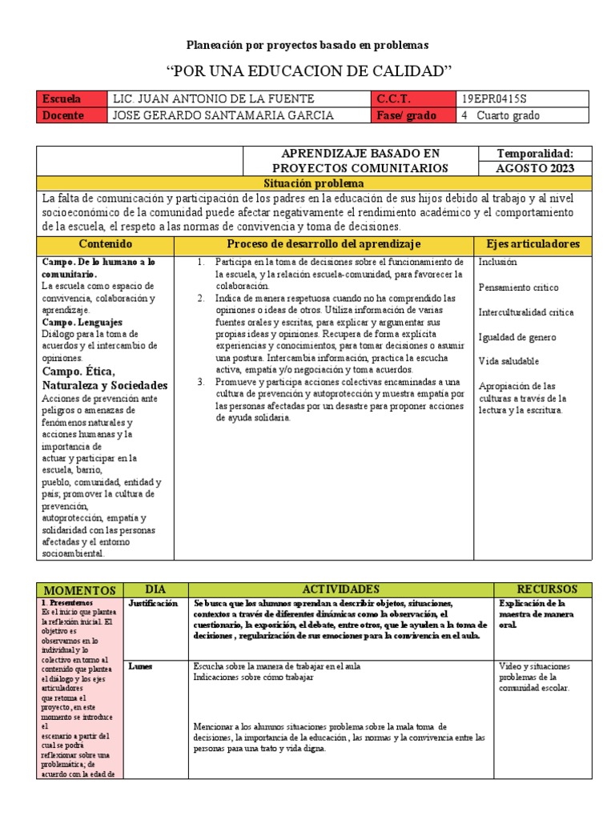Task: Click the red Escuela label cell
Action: tap(72, 99)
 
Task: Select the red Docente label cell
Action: tap(72, 115)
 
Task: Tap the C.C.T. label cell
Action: tap(413, 99)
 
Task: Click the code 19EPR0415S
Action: tap(495, 99)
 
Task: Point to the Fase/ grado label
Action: tap(413, 115)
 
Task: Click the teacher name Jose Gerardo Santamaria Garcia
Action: tap(212, 115)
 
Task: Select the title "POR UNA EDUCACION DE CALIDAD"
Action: tap(307, 71)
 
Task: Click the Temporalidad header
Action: tap(535, 153)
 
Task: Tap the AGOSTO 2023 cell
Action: tap(535, 168)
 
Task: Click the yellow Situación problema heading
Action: tap(307, 183)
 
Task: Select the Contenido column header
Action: tap(110, 243)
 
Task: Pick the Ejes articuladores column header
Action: tap(533, 243)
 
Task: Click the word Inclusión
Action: tap(497, 262)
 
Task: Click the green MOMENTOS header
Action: tap(79, 590)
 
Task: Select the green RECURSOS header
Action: tap(541, 589)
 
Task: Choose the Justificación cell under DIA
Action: tap(152, 603)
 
